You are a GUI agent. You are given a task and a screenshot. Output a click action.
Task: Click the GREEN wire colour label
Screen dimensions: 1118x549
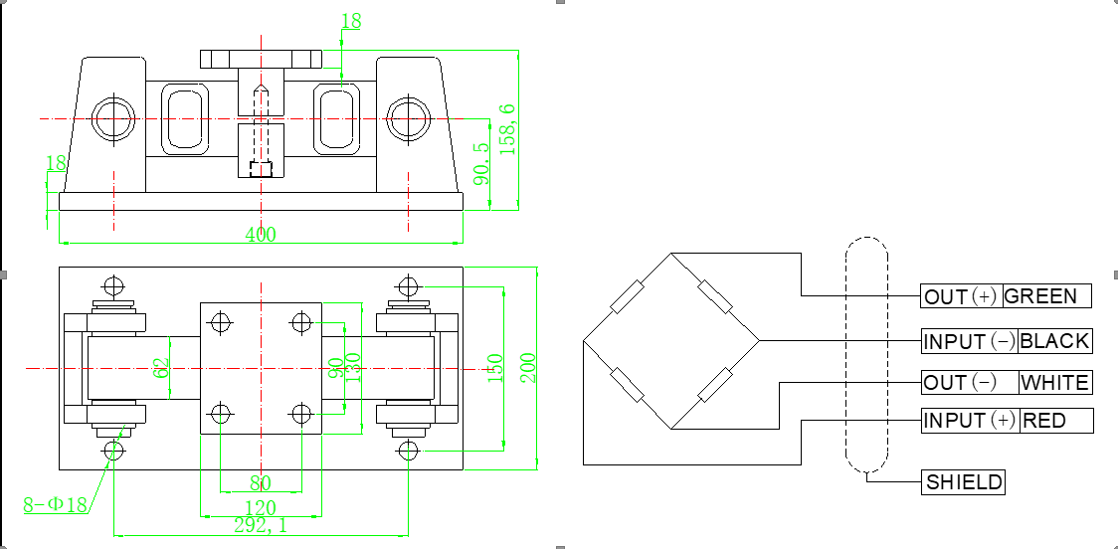tap(1040, 296)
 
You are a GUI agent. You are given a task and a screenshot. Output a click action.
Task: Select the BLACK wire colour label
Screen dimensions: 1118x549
tap(1054, 341)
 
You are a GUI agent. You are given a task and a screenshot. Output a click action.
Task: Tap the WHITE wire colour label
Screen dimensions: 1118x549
tap(1054, 383)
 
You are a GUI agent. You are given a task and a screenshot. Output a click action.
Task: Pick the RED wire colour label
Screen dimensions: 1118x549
tap(1044, 421)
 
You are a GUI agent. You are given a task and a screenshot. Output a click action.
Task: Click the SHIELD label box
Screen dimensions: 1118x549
tap(963, 482)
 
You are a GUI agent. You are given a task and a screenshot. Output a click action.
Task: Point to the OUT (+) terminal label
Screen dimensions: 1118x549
tap(961, 296)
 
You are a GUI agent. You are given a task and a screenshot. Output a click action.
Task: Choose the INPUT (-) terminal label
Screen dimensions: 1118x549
tap(969, 341)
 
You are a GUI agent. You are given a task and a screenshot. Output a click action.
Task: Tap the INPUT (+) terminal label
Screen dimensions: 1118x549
tap(969, 421)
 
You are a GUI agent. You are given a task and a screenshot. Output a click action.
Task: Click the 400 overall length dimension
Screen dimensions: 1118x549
tap(261, 235)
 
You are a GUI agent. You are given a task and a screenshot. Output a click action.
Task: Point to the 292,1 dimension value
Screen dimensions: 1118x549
tap(261, 526)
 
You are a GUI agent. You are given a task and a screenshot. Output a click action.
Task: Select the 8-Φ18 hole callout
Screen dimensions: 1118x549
tap(55, 505)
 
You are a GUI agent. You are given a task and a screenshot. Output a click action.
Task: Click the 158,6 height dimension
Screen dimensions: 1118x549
tap(507, 129)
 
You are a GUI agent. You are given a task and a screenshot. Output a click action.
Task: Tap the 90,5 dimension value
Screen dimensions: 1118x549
tap(482, 163)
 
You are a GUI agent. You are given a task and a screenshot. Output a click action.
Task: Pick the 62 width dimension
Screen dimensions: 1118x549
tap(162, 368)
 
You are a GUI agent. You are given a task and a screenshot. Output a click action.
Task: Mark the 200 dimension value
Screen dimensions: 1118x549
tap(528, 368)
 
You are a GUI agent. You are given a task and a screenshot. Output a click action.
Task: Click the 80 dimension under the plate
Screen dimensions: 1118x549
tap(261, 483)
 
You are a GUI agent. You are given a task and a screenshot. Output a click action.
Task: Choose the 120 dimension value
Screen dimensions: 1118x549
tap(261, 508)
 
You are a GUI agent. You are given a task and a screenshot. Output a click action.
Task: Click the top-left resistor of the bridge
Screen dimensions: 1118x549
tap(628, 297)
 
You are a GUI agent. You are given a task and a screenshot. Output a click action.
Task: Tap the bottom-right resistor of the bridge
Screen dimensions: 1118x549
tap(715, 385)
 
